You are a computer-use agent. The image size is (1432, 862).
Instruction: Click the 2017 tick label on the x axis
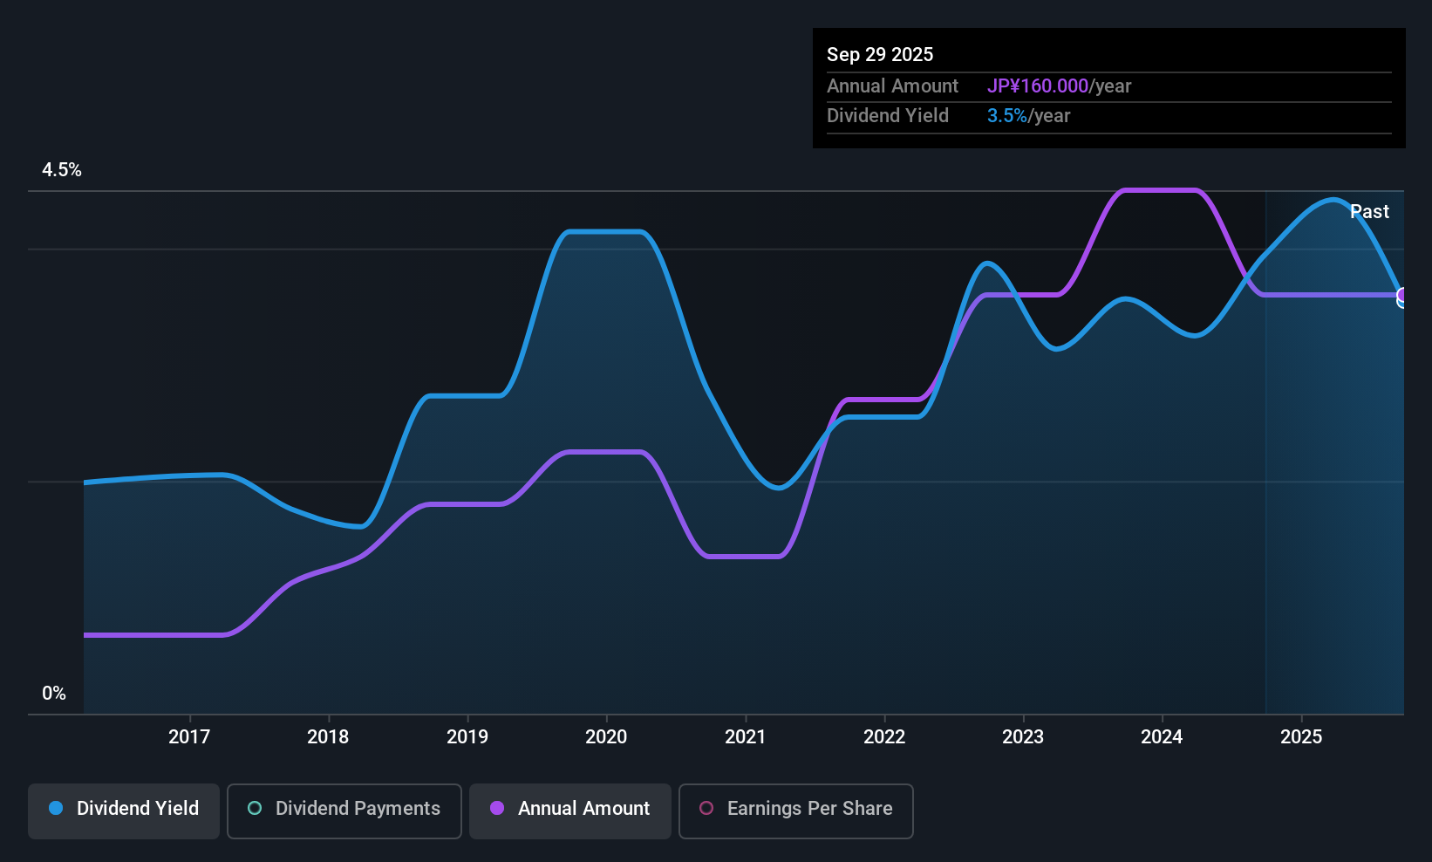tap(189, 736)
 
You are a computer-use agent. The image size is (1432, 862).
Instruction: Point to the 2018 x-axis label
tap(328, 736)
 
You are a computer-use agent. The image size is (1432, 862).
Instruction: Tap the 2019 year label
tap(467, 736)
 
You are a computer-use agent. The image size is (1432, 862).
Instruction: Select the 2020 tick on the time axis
tap(606, 736)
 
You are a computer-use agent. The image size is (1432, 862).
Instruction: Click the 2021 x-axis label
tap(745, 736)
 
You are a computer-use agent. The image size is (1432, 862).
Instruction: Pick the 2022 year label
tap(884, 736)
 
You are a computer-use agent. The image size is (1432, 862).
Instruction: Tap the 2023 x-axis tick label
tap(1023, 736)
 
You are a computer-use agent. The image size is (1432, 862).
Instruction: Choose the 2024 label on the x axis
tap(1162, 736)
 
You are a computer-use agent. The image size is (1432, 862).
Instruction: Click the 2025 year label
tap(1301, 736)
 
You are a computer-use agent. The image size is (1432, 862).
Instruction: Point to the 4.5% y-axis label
tap(62, 170)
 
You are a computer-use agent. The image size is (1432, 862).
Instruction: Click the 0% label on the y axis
tap(54, 694)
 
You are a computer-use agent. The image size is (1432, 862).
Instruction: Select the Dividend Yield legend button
tap(124, 809)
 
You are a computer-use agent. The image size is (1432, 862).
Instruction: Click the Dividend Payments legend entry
tap(344, 809)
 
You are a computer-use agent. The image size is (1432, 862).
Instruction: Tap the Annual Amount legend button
tap(570, 809)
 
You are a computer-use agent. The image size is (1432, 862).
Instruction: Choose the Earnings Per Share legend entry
tap(795, 809)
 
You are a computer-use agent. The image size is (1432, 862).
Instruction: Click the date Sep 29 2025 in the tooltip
tap(880, 54)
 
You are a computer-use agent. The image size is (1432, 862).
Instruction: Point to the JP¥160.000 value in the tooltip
tap(1037, 86)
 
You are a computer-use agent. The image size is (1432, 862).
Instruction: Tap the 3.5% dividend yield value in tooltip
tap(1006, 115)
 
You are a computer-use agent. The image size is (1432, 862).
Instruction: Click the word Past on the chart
tap(1369, 212)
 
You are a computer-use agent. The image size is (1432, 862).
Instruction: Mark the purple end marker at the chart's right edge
tap(1402, 295)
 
